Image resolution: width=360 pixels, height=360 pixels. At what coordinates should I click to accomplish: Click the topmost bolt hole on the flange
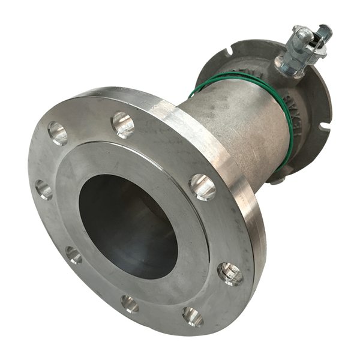click(x=122, y=125)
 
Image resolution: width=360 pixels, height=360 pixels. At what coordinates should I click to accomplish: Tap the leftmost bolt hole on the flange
click(x=44, y=189)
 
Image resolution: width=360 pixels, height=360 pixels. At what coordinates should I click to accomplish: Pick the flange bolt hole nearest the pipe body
click(x=203, y=187)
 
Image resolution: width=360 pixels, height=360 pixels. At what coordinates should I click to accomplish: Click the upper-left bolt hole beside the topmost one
click(x=58, y=133)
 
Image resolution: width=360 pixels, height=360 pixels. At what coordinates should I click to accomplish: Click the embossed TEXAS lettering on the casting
click(x=304, y=114)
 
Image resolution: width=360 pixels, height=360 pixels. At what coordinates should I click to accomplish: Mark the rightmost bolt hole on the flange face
click(x=230, y=274)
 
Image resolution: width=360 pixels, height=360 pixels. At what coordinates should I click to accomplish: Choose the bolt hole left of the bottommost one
click(x=130, y=304)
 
